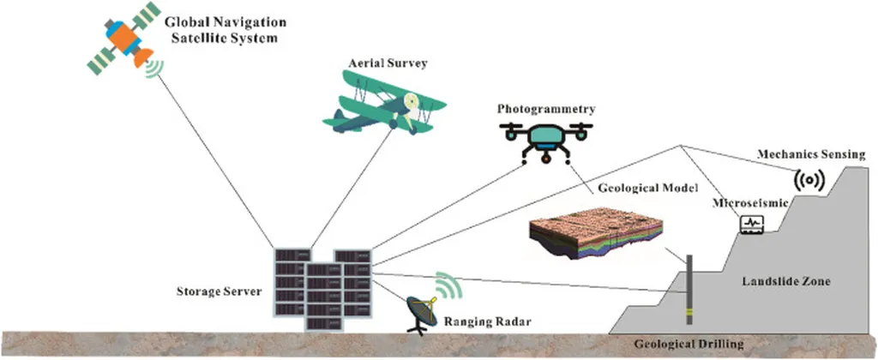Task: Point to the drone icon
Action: [546, 138]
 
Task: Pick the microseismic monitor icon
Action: [751, 224]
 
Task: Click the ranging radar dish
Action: [422, 311]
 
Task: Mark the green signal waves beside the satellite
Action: [153, 66]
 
